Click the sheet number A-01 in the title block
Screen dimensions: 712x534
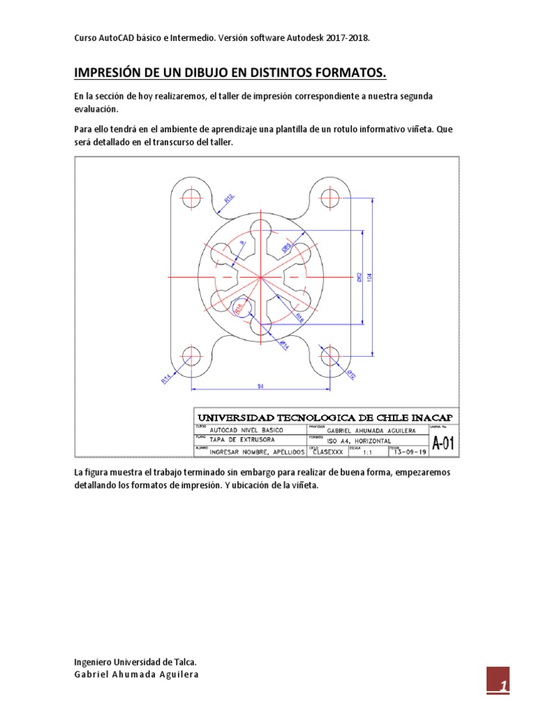[444, 444]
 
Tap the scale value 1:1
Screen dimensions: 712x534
[367, 453]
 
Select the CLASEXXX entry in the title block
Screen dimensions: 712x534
[329, 452]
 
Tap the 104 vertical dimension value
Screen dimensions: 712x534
[369, 276]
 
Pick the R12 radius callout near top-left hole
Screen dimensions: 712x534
[228, 198]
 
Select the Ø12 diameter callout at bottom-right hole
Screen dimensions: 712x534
[351, 376]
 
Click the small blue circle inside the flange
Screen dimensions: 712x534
[241, 307]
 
